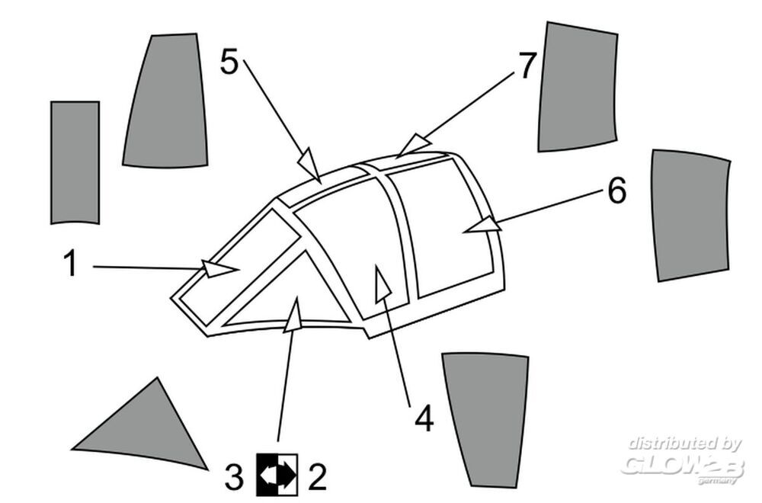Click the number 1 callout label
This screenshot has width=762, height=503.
click(71, 263)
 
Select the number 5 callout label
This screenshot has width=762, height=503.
click(229, 62)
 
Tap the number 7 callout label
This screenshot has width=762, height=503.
click(527, 65)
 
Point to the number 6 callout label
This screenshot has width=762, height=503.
click(617, 191)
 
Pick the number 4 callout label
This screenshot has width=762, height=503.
click(424, 418)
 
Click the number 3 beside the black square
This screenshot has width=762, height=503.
click(234, 477)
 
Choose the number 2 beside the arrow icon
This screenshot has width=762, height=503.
click(317, 477)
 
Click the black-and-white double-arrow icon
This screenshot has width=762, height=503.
click(277, 475)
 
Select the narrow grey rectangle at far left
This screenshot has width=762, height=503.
click(75, 162)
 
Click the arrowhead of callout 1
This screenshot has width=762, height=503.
click(219, 269)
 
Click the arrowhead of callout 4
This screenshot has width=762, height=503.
click(383, 284)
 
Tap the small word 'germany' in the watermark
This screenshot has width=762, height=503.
click(717, 481)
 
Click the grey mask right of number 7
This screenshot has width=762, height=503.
click(578, 87)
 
